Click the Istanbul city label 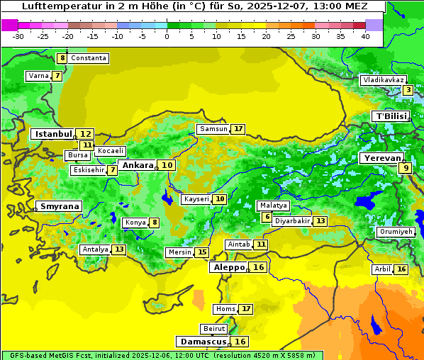point(54,133)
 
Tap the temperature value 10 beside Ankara point(167,165)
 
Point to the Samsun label point(213,129)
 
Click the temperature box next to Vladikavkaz point(408,90)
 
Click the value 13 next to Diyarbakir point(320,221)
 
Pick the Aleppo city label point(228,267)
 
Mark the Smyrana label point(60,206)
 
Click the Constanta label point(89,58)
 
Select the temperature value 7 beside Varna point(57,76)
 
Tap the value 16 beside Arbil point(401,269)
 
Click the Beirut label point(214,329)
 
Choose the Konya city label point(135,223)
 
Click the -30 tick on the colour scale point(18,36)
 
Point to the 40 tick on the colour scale point(365,36)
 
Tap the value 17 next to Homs point(245,309)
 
